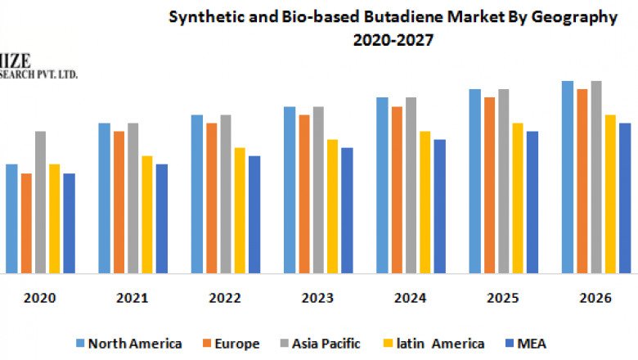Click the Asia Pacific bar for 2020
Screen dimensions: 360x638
pos(40,202)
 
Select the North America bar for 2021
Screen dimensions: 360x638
pos(104,198)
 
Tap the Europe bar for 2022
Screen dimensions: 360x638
pos(212,198)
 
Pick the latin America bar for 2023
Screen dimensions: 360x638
pos(332,206)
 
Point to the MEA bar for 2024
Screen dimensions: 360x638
pos(439,206)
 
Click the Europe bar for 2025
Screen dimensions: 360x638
pos(489,185)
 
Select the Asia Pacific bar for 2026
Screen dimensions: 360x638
pos(596,177)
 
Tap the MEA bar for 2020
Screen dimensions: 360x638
pos(69,223)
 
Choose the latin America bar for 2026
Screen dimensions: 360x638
pos(610,194)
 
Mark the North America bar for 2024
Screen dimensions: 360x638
pos(382,185)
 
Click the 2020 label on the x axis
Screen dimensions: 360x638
pos(40,299)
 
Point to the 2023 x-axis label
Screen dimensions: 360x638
pos(317,299)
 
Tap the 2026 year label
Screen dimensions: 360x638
pos(595,299)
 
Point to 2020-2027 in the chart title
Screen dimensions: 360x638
pos(393,40)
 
